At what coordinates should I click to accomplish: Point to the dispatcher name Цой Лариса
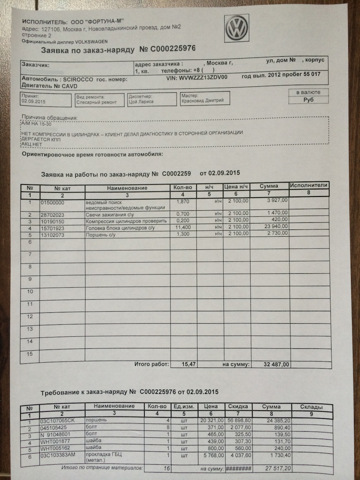pos(141,102)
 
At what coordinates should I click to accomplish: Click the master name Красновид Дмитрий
pos(202,100)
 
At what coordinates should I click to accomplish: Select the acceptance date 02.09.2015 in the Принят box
pos(33,101)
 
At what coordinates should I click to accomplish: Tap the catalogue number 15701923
pos(52,228)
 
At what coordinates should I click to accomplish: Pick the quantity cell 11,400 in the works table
pos(183,228)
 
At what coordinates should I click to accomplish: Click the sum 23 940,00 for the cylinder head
pos(276,226)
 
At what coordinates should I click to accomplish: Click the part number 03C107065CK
pos(58,420)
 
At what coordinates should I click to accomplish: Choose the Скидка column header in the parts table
pos(238,406)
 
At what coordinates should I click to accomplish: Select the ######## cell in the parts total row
pos(238,469)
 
